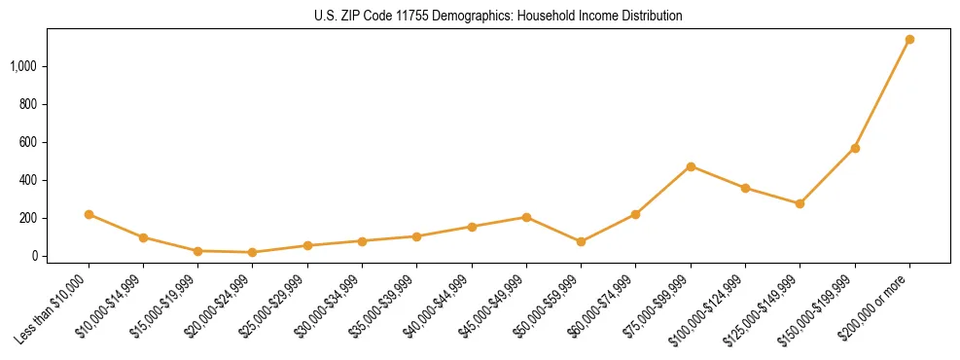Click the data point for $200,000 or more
point(909,40)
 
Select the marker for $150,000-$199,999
point(855,148)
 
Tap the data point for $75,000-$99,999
point(691,166)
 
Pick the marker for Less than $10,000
point(89,214)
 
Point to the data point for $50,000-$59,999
point(581,241)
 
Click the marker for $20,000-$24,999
point(253,252)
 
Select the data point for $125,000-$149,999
point(800,203)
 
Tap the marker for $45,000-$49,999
point(526,217)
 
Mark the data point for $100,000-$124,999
point(745,188)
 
